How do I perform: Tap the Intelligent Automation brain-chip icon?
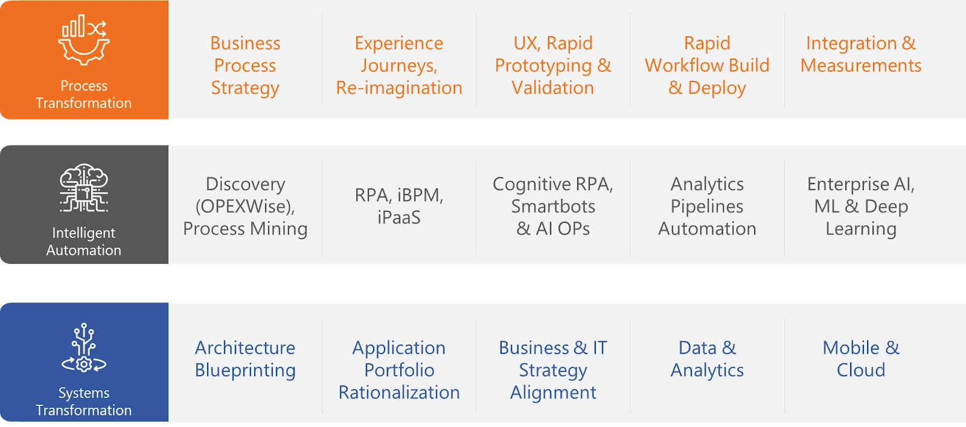point(84,188)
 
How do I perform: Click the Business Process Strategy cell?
point(245,65)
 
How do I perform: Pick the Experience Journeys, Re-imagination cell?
point(399,65)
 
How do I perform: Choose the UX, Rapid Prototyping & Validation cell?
point(553,65)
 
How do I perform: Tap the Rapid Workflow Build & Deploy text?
point(707,65)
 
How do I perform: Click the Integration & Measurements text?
point(861,54)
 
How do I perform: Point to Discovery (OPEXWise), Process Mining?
point(245,206)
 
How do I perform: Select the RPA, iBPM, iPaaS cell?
point(399,206)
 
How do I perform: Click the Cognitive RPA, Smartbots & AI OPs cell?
point(553,206)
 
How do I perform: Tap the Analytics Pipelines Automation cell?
point(707,206)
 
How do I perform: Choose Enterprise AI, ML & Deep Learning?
point(861,206)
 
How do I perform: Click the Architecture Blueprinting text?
point(245,359)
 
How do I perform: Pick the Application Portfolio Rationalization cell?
point(399,370)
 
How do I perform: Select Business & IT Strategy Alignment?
point(553,370)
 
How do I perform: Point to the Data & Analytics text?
point(707,359)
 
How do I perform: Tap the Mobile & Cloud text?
point(861,359)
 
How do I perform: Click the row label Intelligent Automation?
point(84,242)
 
